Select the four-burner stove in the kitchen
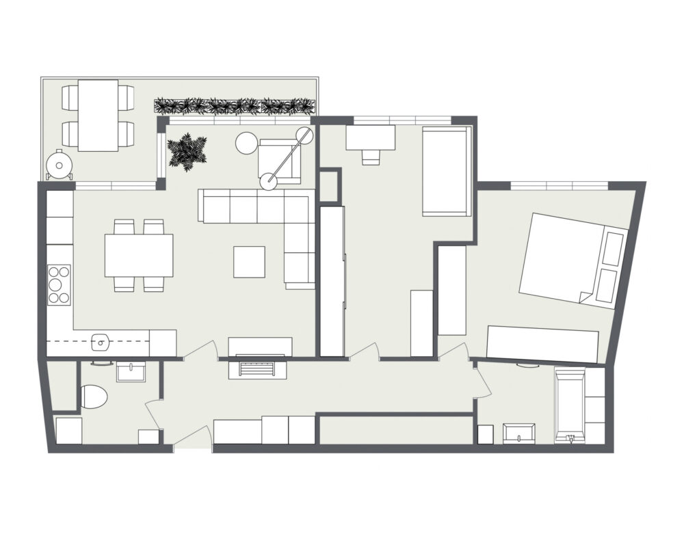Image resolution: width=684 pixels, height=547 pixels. [59, 284]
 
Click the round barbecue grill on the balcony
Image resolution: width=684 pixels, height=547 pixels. [60, 165]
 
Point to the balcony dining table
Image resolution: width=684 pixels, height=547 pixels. [98, 115]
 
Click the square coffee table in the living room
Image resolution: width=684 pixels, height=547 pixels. [249, 262]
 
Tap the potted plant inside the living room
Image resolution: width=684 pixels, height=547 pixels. [186, 152]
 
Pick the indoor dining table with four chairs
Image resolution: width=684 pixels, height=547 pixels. [139, 255]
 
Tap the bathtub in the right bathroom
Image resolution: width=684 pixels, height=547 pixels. [570, 406]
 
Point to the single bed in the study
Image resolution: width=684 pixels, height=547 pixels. [446, 170]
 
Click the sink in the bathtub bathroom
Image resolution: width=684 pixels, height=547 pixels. [519, 432]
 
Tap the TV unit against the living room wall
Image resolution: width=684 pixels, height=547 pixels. [260, 346]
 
